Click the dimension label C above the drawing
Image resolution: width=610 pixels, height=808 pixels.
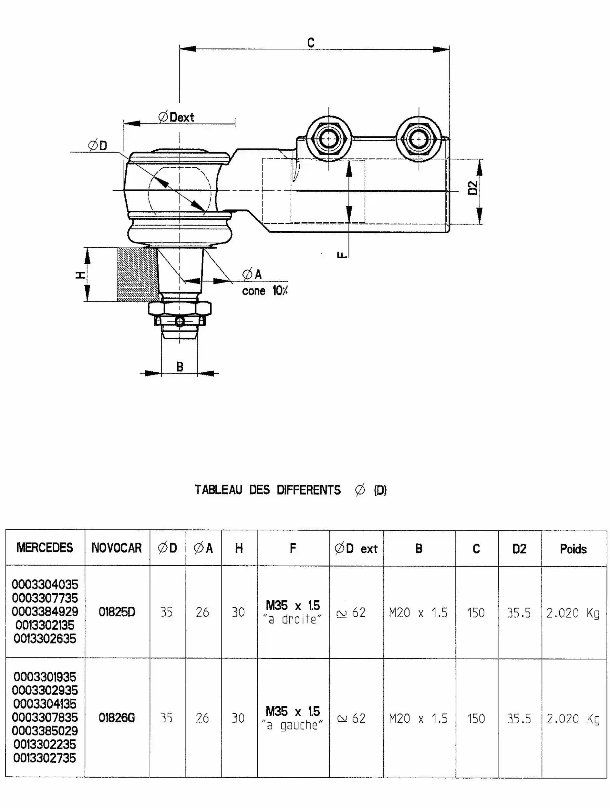pyautogui.click(x=311, y=43)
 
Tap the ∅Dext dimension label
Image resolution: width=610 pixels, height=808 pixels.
pyautogui.click(x=176, y=117)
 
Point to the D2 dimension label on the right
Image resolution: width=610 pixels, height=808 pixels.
pyautogui.click(x=473, y=188)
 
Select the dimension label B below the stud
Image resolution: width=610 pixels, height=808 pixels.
pyautogui.click(x=180, y=367)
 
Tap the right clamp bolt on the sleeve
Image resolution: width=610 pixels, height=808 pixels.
pyautogui.click(x=419, y=139)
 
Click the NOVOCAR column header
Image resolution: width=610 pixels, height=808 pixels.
pyautogui.click(x=117, y=548)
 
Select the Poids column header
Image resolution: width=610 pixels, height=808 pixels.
pyautogui.click(x=573, y=549)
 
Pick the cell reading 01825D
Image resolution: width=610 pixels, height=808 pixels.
pyautogui.click(x=117, y=612)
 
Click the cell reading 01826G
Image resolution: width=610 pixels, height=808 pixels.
pyautogui.click(x=117, y=718)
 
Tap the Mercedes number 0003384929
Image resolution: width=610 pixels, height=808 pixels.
pyautogui.click(x=45, y=612)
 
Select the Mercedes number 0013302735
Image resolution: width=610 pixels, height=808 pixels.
pyautogui.click(x=45, y=758)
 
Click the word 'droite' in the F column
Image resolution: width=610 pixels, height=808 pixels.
pyautogui.click(x=299, y=620)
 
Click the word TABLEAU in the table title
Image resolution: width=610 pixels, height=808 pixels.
pyautogui.click(x=218, y=490)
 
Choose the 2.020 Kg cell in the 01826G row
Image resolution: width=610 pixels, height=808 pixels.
pyautogui.click(x=573, y=719)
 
